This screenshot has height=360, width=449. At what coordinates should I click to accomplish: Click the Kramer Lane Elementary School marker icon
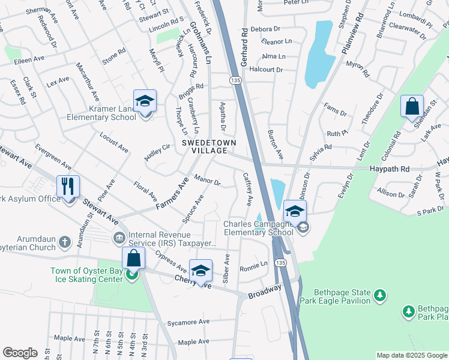tap(145, 102)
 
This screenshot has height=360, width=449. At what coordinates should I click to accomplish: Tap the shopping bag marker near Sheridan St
tap(412, 107)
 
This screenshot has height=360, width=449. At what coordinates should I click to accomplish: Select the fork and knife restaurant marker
tap(68, 187)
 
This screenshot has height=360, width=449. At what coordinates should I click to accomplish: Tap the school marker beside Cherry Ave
tap(200, 270)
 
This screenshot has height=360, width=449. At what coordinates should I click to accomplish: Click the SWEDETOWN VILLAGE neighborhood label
tap(209, 146)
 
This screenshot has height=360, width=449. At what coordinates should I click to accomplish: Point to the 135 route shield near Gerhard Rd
tap(235, 80)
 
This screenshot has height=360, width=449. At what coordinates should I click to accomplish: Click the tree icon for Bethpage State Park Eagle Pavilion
tap(379, 295)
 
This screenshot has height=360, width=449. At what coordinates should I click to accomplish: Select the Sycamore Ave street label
tap(188, 322)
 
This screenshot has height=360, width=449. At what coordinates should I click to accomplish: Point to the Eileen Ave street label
tap(31, 59)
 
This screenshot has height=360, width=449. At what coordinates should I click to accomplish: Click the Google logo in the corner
tap(20, 353)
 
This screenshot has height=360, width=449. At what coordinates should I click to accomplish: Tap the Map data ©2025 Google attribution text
tap(411, 355)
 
